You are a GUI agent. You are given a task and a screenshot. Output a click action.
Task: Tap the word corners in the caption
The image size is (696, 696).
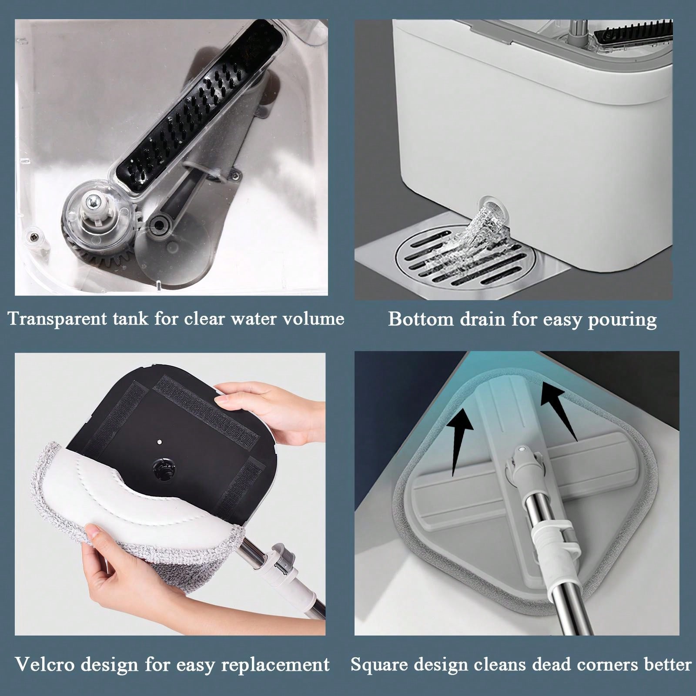[601, 664]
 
